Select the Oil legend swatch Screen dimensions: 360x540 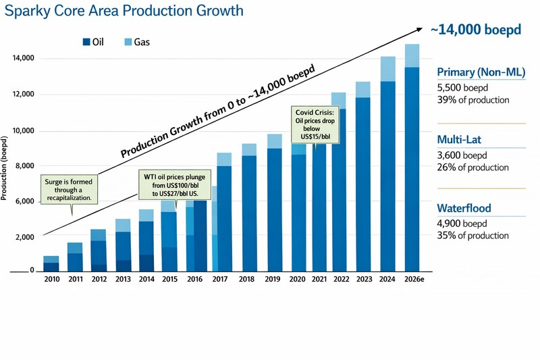(x=86, y=42)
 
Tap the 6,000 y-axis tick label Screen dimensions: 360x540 (x=25, y=202)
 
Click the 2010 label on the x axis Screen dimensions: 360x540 (x=51, y=278)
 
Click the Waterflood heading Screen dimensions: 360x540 (x=464, y=209)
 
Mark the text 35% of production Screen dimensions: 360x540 (x=473, y=236)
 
